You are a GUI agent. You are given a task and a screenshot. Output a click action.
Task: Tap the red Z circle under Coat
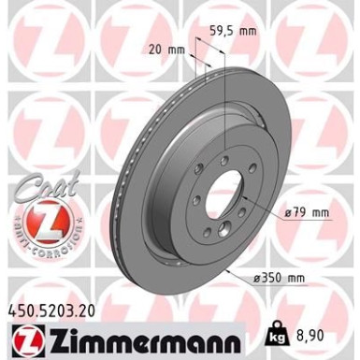tap(38, 223)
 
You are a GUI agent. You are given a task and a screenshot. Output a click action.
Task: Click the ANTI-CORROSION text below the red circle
tap(38, 248)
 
